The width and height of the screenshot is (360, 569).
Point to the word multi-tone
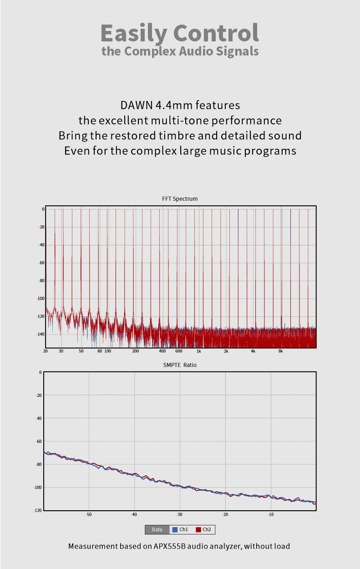193,121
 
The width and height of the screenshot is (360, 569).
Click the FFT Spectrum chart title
180,199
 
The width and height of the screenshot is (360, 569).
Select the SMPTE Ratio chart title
180,365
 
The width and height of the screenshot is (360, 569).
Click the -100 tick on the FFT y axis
40,299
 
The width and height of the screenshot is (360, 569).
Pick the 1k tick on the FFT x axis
199,351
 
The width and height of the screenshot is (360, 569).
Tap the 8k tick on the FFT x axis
281,351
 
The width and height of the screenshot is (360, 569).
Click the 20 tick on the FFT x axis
46,351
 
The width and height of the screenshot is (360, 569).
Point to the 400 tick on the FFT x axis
162,351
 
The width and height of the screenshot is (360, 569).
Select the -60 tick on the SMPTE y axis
39,441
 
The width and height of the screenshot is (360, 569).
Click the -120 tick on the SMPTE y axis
38,511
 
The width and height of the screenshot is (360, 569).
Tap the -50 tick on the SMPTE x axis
89,515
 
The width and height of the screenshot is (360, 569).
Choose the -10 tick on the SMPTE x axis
271,515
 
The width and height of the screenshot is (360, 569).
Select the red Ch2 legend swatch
198,530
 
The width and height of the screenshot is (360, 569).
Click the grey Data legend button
157,530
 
